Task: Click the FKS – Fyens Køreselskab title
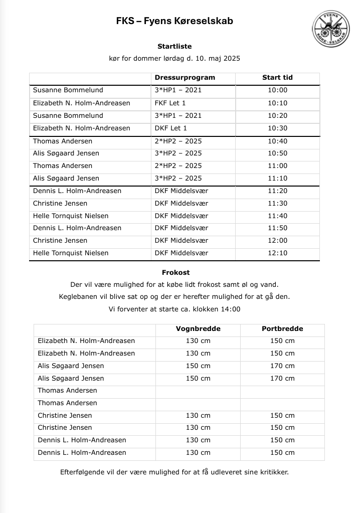[174, 21]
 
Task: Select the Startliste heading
[174, 46]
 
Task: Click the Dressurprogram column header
[185, 77]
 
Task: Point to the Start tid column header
[277, 77]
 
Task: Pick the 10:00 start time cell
[277, 90]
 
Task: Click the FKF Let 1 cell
[170, 103]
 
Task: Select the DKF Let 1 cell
[170, 128]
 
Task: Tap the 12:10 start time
[277, 253]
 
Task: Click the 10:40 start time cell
[277, 141]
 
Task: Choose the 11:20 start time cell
[277, 191]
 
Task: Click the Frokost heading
[175, 272]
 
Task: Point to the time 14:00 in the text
[230, 309]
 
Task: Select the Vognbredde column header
[198, 329]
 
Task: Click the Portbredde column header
[282, 329]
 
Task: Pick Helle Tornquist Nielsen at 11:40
[71, 216]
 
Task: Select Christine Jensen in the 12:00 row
[60, 240]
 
